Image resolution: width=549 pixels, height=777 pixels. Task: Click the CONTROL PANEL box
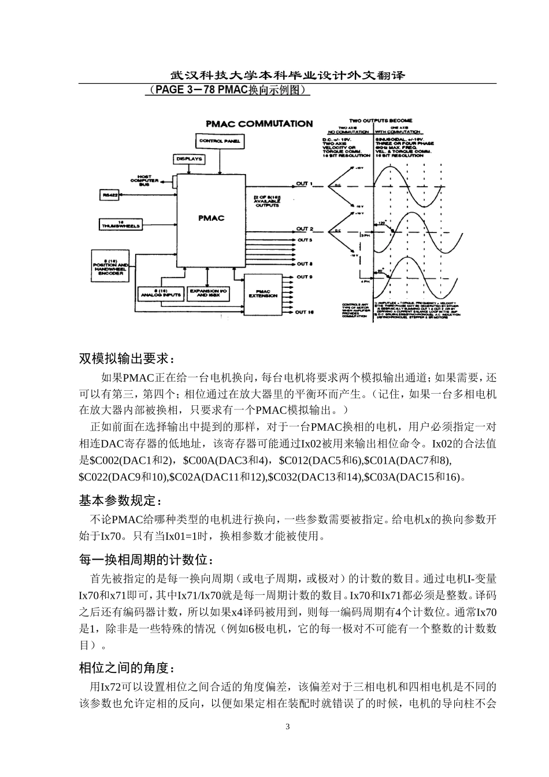219,141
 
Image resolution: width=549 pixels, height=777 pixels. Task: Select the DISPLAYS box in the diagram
189,158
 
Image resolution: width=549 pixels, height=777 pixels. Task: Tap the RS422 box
110,195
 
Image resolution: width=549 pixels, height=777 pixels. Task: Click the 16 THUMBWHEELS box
121,224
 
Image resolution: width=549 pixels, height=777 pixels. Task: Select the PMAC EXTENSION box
263,294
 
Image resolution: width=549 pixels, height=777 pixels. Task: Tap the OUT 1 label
304,184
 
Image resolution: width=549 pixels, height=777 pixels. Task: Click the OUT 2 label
305,229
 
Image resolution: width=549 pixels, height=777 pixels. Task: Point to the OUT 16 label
305,312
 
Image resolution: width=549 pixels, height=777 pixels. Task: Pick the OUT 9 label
304,277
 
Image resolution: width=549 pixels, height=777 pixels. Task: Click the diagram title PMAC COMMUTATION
259,123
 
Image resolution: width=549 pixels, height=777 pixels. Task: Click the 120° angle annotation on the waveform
381,223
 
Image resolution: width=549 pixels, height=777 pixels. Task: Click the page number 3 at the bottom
287,726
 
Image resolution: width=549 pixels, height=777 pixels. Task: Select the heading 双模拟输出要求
126,358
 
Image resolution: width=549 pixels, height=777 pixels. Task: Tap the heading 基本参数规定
120,499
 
